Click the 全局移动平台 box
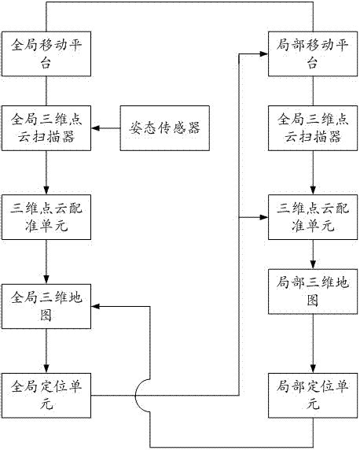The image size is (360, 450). click(47, 53)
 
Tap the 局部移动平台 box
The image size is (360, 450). click(314, 53)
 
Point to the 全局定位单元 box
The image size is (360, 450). click(47, 394)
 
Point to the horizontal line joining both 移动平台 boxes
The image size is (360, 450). click(181, 2)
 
